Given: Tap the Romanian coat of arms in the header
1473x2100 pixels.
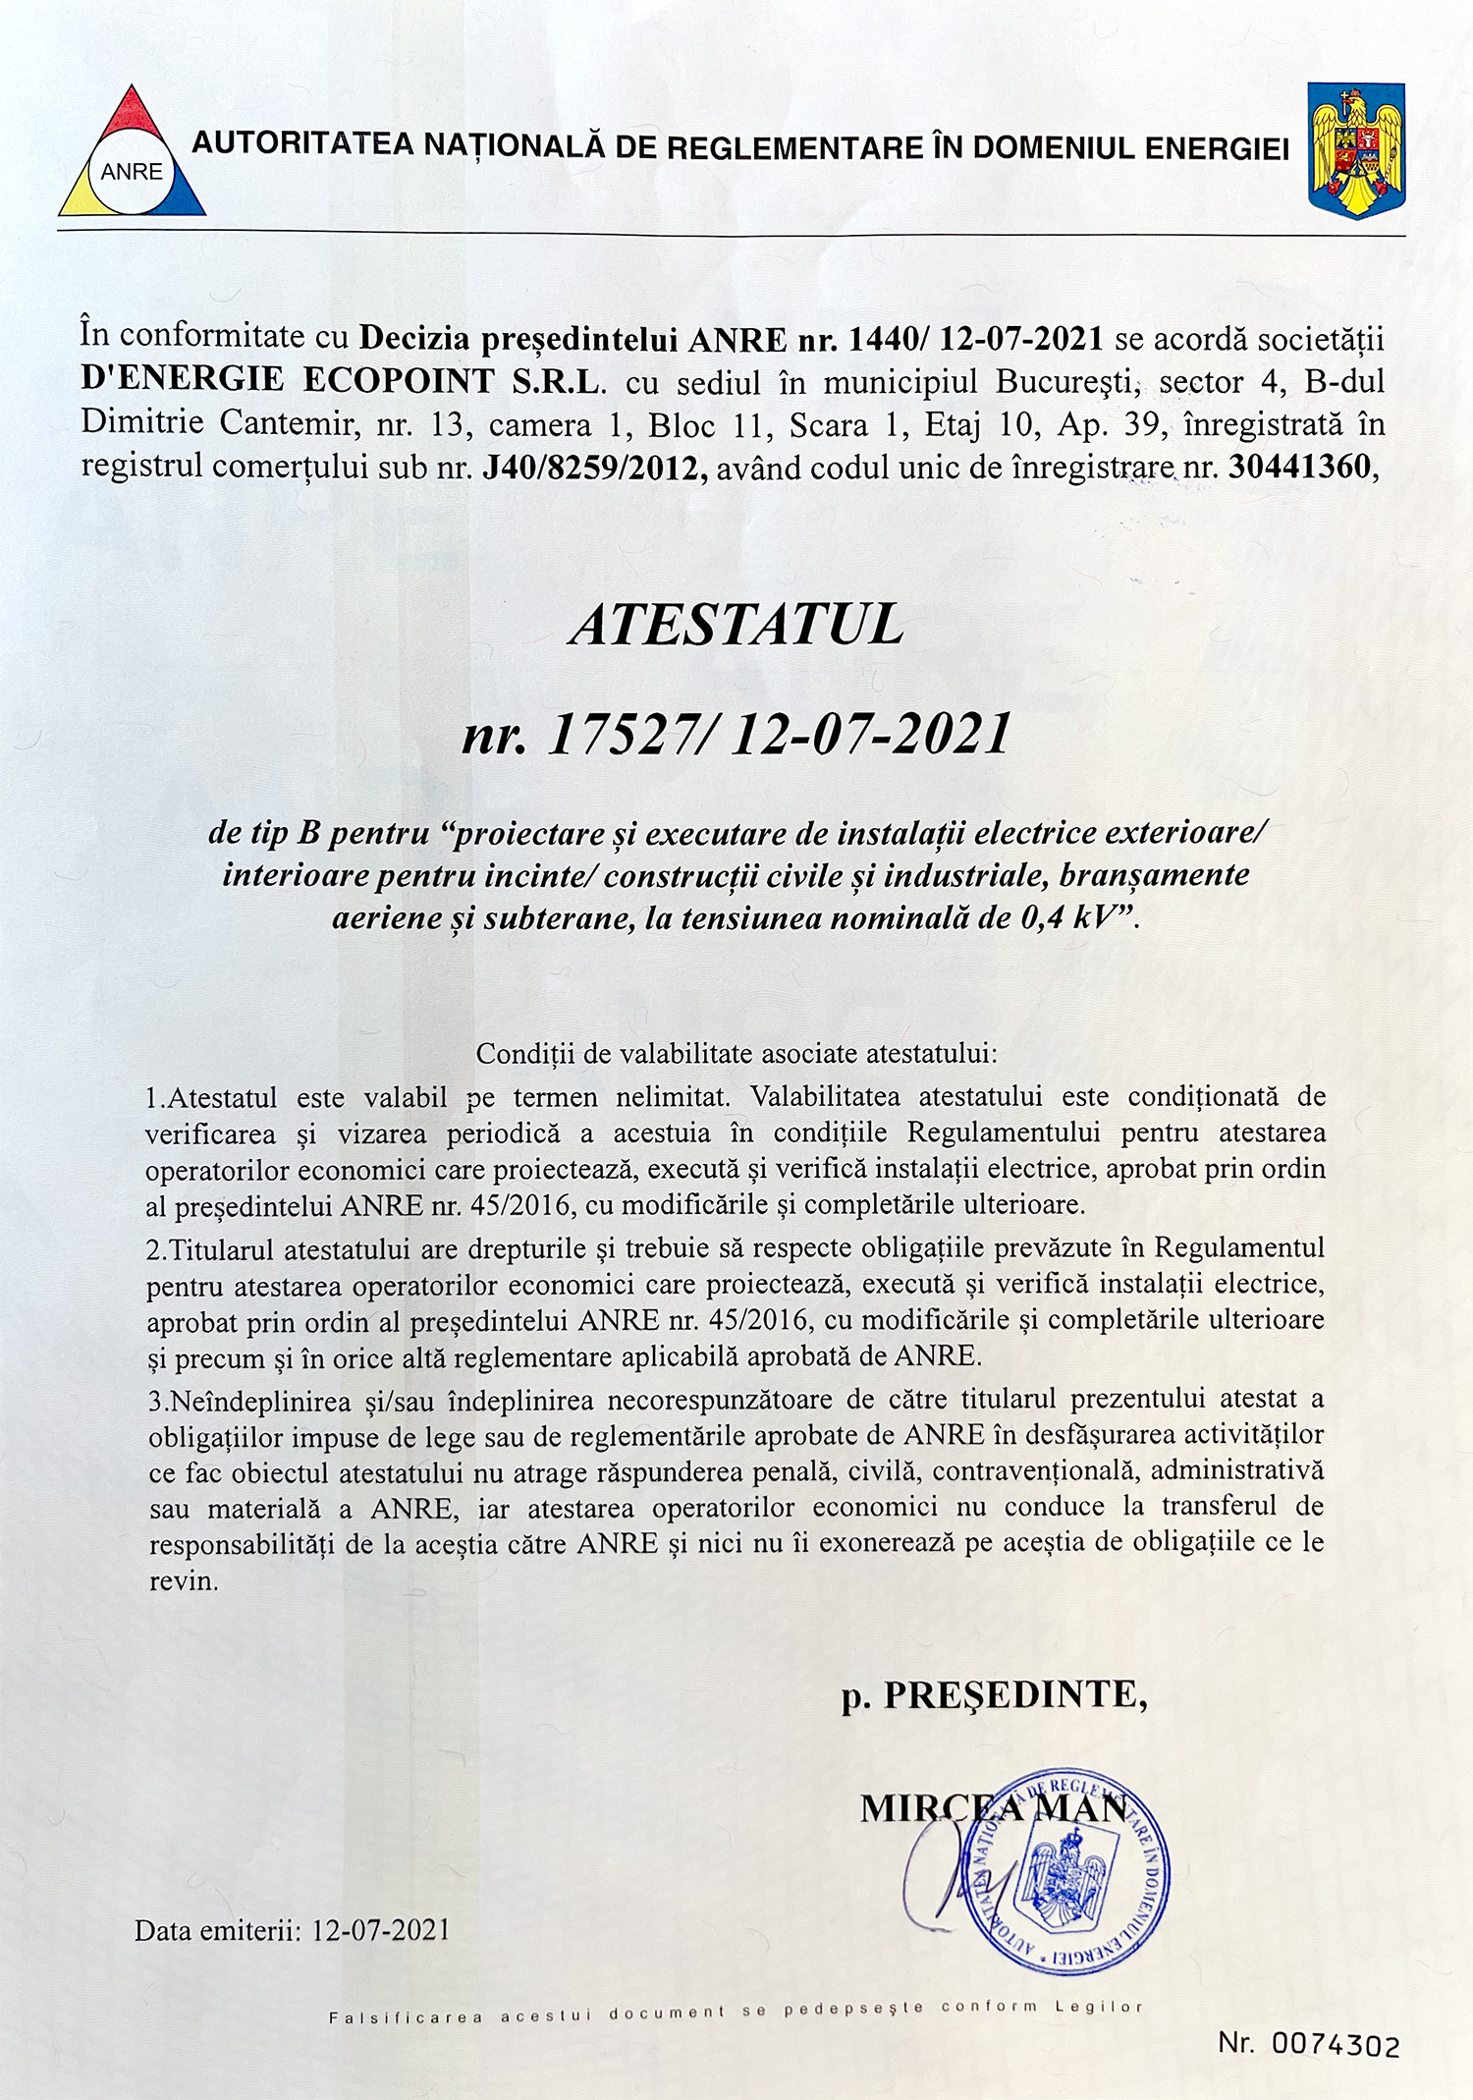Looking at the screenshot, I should tap(1356, 149).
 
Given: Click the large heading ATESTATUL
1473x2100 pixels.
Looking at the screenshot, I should tap(736, 625).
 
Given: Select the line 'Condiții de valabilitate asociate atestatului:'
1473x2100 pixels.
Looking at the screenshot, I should tap(736, 1054).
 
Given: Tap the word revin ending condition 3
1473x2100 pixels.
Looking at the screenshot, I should tap(183, 1581).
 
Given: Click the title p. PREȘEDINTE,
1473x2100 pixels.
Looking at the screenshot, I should tap(993, 1695).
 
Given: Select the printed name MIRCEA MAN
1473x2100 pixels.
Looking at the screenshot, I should tap(993, 1809).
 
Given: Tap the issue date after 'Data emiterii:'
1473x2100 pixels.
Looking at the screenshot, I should tap(381, 1930).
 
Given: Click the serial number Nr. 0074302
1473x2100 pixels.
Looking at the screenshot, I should tap(1308, 2045).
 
